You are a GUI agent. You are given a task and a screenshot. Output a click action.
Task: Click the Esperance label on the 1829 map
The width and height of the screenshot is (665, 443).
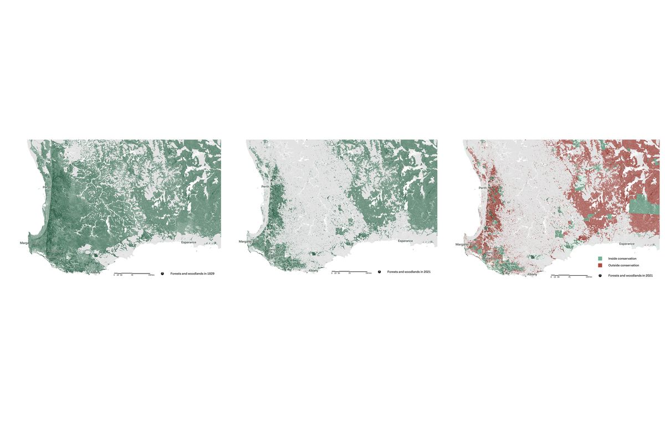187,243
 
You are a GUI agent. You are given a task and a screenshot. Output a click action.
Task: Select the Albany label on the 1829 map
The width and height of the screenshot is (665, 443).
95,272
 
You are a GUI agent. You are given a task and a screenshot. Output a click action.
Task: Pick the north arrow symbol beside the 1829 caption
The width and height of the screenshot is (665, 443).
162,274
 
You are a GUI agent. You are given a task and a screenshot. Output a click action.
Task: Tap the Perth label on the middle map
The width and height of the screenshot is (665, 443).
265,187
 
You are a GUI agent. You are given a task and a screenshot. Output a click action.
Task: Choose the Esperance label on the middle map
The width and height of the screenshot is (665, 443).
405,241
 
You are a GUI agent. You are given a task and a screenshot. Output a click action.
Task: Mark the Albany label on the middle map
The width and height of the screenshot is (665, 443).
313,270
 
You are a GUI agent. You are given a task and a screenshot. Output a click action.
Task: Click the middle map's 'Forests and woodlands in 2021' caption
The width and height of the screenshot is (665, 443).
409,272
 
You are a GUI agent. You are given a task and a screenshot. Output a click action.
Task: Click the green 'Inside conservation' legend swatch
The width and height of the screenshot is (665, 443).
600,259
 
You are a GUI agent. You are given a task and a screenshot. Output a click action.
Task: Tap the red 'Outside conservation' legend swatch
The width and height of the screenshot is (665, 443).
600,265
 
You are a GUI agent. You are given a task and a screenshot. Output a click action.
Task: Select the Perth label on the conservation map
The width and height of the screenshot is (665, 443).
482,188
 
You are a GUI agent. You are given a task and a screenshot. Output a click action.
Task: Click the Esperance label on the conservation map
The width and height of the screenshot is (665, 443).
627,244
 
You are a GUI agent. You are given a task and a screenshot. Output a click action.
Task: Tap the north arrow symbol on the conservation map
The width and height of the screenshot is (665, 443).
600,275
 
